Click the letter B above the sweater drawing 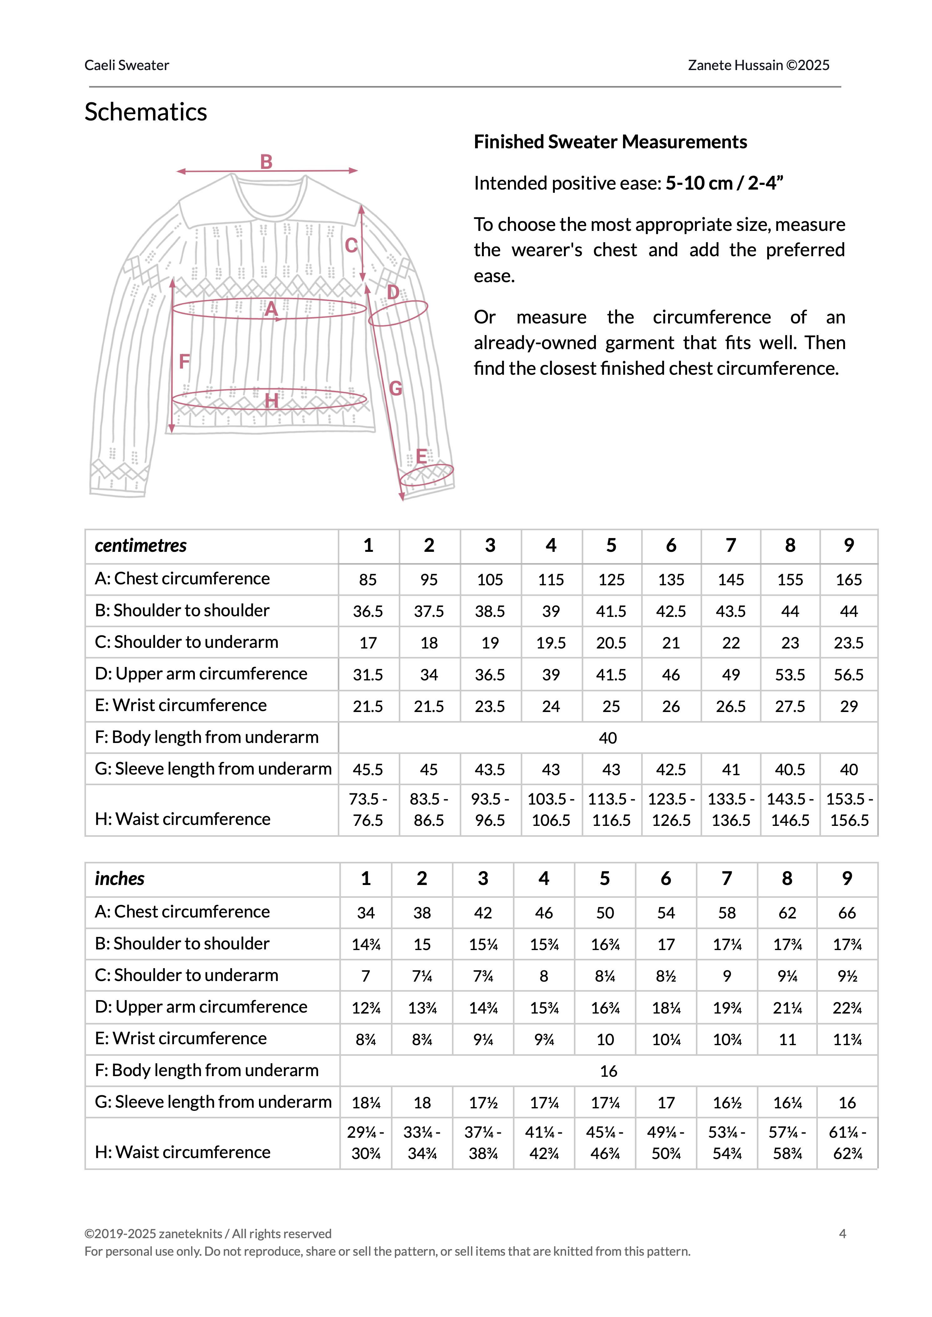coord(266,162)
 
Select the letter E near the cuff coord(421,457)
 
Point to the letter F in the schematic coord(184,362)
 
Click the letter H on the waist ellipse coord(271,400)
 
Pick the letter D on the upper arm coord(393,293)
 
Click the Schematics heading coord(146,112)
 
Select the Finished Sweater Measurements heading coord(610,142)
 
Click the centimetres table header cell coord(141,545)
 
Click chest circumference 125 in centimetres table coord(611,580)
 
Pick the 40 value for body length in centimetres coord(608,738)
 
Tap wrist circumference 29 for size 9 coord(849,706)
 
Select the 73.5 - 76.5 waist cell coord(368,810)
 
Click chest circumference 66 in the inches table coord(847,913)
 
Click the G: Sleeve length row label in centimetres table coord(213,769)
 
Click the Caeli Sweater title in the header coord(127,65)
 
